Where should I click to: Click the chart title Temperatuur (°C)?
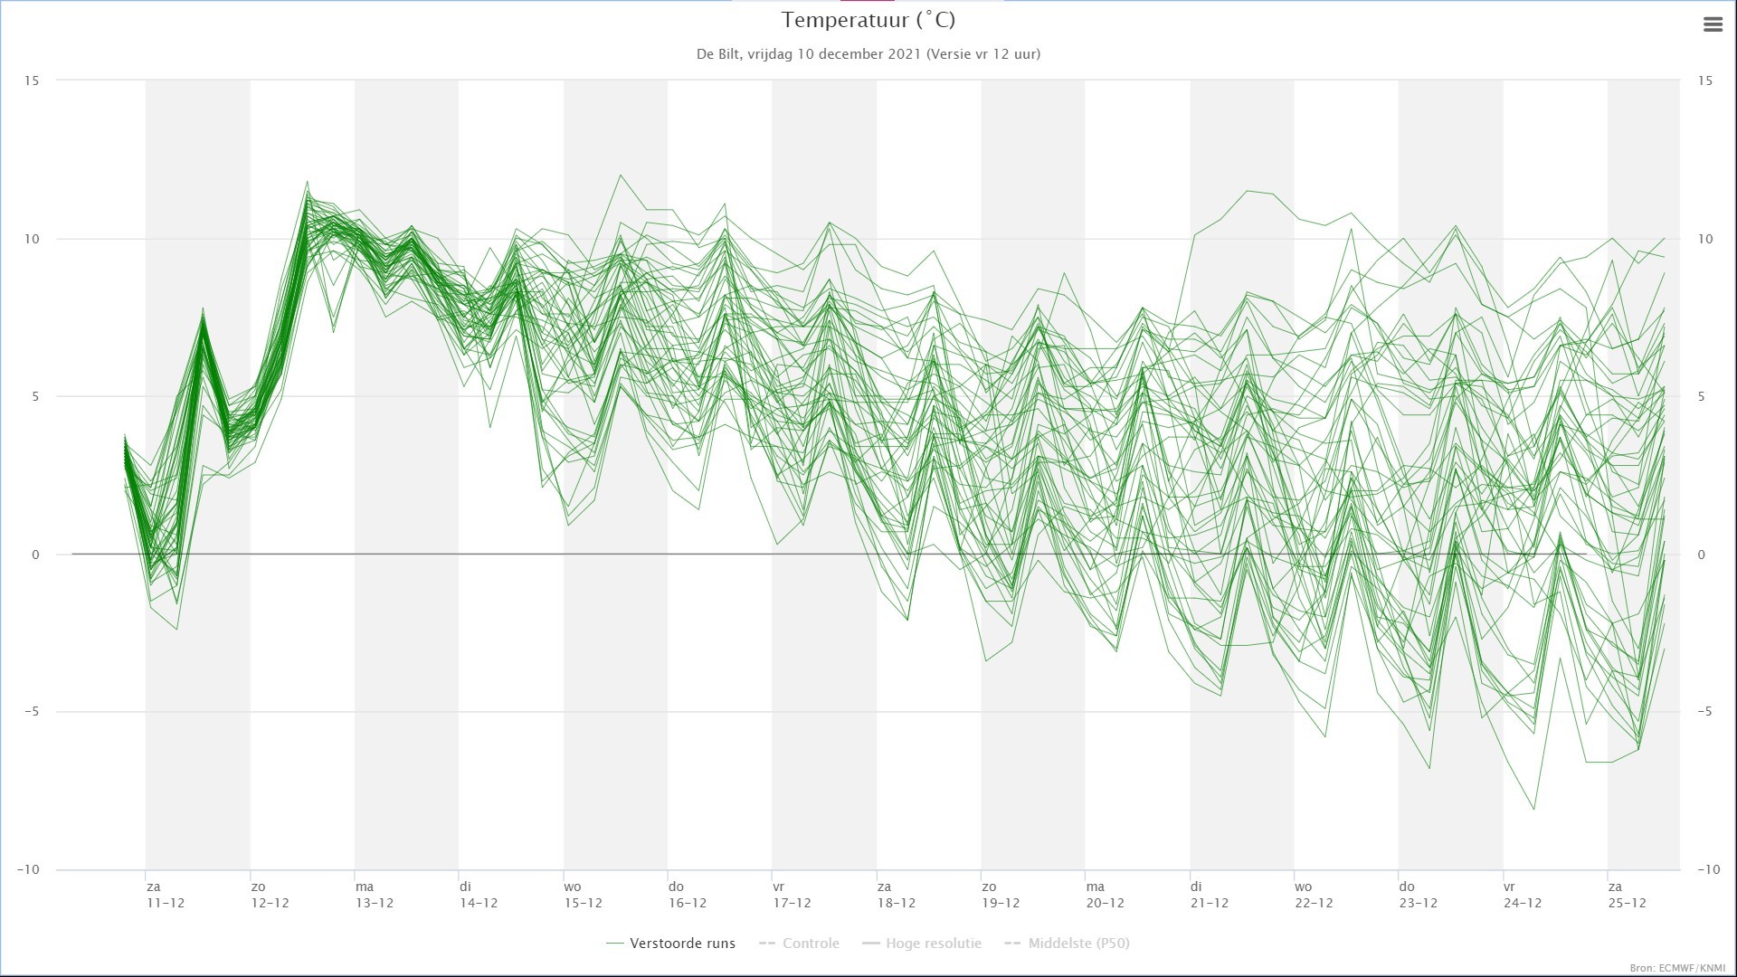868,20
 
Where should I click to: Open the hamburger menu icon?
1713,25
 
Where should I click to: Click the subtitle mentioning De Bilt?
868,54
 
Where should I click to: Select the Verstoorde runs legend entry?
671,944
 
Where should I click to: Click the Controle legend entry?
800,944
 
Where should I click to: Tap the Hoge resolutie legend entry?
922,944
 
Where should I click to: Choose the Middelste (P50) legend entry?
1068,944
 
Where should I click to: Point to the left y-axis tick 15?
32,81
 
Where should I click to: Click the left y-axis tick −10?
28,869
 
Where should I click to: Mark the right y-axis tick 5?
1702,396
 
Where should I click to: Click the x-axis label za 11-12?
166,895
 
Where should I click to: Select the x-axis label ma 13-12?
375,895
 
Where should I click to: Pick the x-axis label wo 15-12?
583,895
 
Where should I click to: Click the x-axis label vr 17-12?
792,895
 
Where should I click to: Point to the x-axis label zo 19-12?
1001,895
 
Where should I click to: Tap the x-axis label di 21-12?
1210,895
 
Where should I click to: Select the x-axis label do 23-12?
1418,895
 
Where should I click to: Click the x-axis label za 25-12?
1627,895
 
